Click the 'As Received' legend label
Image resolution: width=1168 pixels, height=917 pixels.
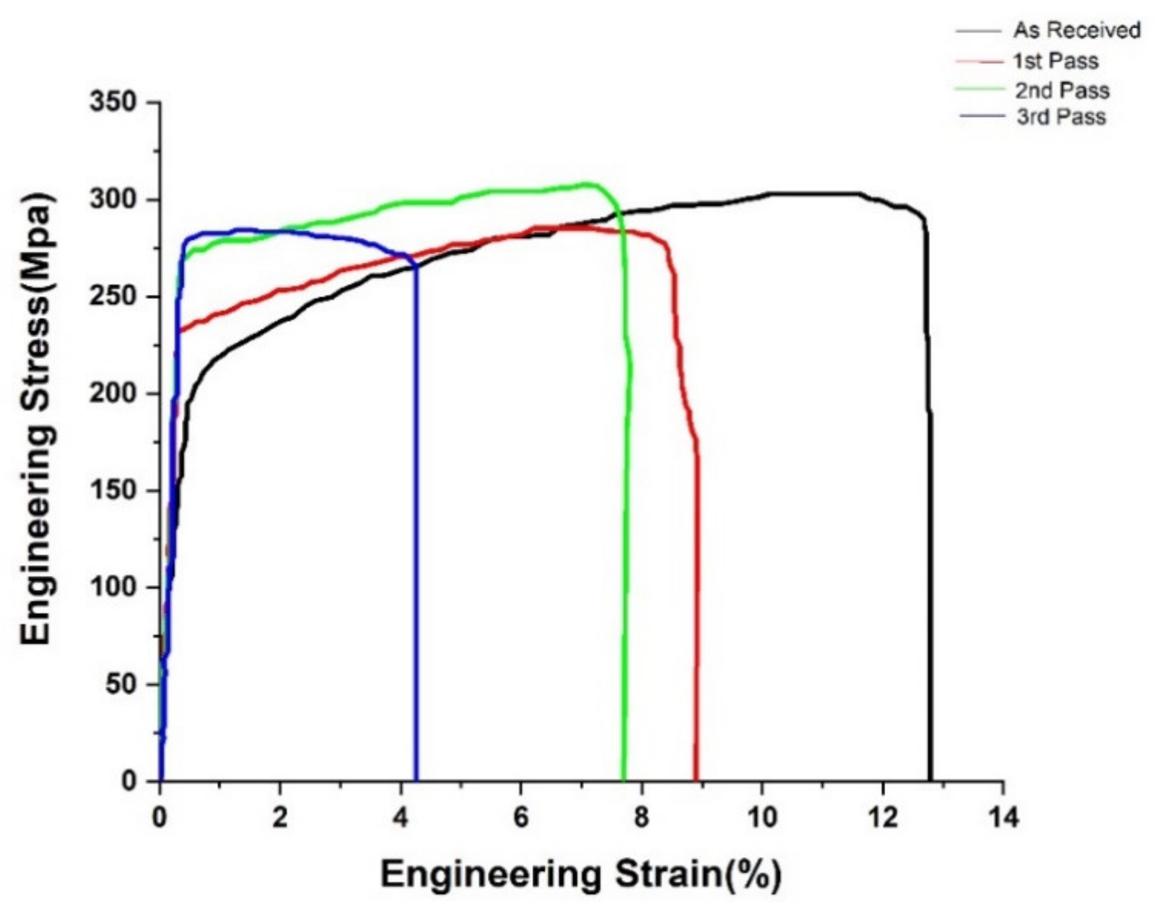coord(1077,30)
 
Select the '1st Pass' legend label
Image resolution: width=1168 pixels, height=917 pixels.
coord(1056,61)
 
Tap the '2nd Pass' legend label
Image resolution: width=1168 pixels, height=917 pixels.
coord(1062,90)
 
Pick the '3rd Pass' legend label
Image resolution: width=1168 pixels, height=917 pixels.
coord(1061,117)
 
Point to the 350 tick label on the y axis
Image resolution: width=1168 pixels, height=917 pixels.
coord(113,103)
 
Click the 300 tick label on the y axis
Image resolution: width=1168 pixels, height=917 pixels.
coord(113,200)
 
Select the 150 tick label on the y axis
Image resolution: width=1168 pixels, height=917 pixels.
coord(113,491)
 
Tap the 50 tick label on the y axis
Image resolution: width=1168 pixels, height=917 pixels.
coord(121,685)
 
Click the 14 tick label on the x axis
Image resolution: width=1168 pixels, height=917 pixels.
coord(1003,818)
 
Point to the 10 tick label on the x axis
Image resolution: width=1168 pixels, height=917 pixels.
coord(762,818)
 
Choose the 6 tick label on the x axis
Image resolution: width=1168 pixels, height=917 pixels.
coord(521,818)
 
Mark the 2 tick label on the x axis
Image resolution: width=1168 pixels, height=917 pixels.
coord(280,818)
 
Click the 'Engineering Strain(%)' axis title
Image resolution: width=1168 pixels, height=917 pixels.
coord(581,875)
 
